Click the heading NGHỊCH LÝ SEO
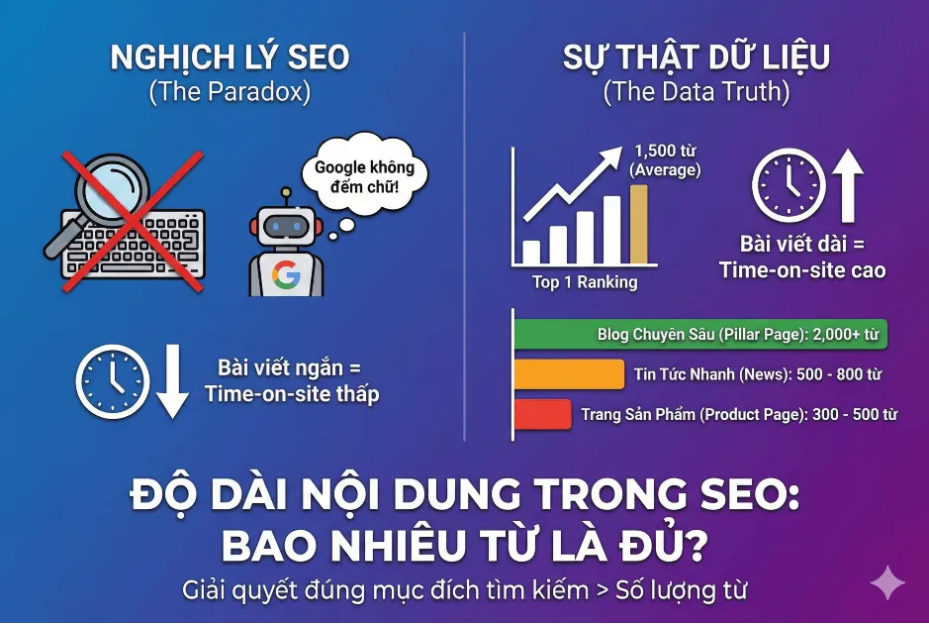coord(230,57)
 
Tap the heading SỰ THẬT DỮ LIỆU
coord(697,57)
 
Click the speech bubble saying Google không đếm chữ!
coord(364,176)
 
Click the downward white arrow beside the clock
coord(172,379)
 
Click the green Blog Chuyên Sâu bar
coord(700,335)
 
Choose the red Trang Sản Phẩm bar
coord(542,414)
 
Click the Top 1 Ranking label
coord(585,282)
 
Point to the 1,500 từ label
coord(665,152)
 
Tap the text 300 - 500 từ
coord(852,414)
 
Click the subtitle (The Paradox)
coord(230,93)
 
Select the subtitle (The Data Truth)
coord(697,93)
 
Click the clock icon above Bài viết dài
coord(788,185)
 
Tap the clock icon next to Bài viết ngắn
coord(113,379)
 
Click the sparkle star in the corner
coord(887,582)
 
